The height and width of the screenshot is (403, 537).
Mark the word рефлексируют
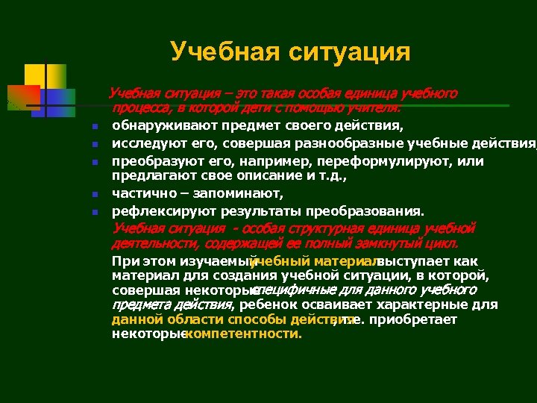click(x=157, y=210)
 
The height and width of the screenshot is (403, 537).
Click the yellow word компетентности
click(x=243, y=334)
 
